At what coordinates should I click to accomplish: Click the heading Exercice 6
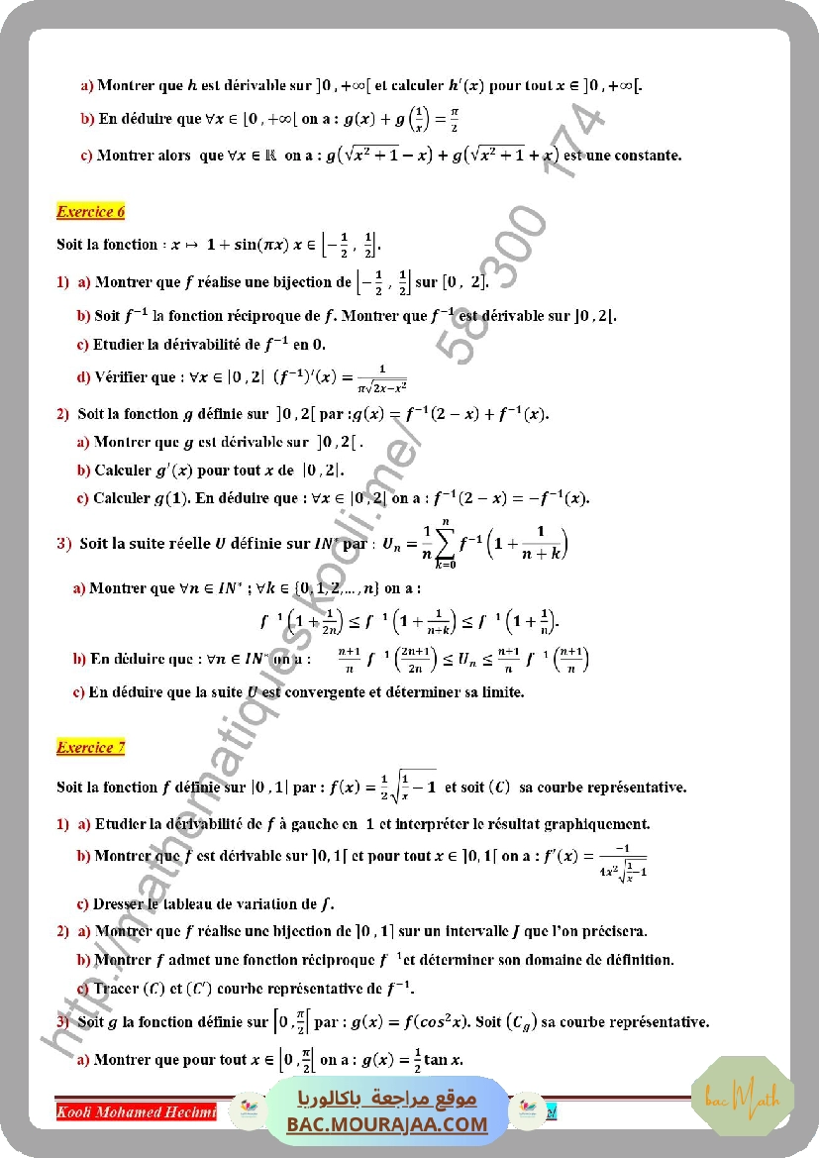(x=91, y=211)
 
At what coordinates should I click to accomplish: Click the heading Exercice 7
(x=91, y=748)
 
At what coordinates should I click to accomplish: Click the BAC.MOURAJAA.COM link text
(x=387, y=1124)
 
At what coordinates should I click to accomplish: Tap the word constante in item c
(x=645, y=156)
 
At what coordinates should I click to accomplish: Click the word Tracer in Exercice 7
(x=116, y=988)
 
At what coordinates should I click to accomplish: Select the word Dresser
(x=120, y=903)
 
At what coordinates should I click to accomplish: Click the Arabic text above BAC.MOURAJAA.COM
(x=387, y=1099)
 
